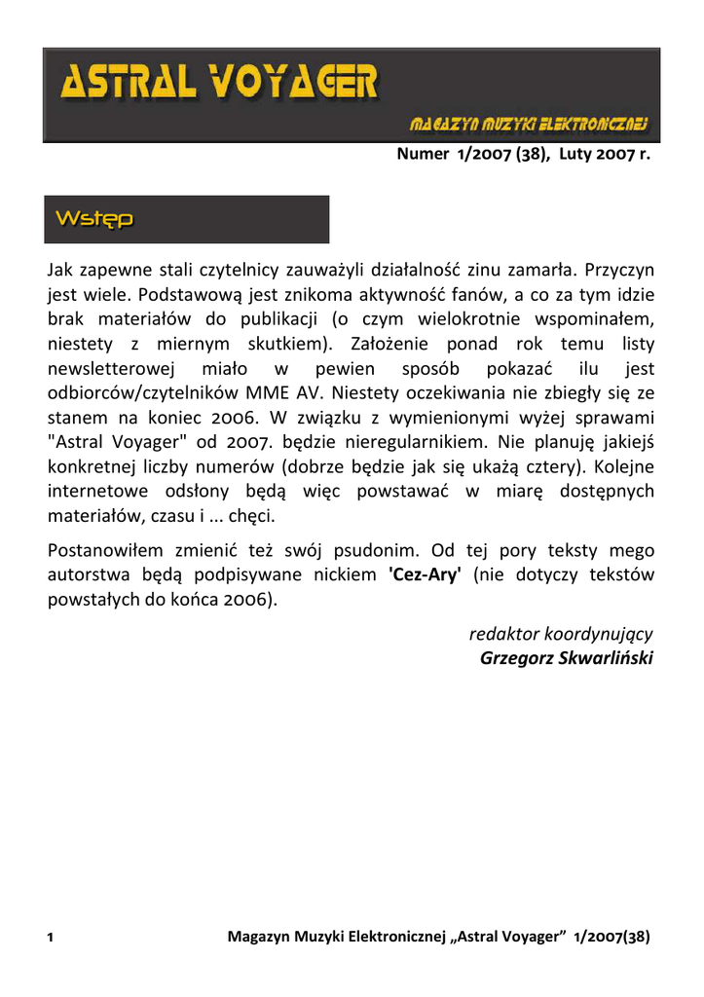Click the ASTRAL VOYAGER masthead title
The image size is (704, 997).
tap(219, 82)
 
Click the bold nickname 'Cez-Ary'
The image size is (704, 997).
tap(426, 573)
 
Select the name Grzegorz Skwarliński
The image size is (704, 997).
tap(567, 658)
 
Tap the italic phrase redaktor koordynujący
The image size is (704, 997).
tap(561, 633)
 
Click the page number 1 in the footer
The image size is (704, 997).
tap(51, 938)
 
